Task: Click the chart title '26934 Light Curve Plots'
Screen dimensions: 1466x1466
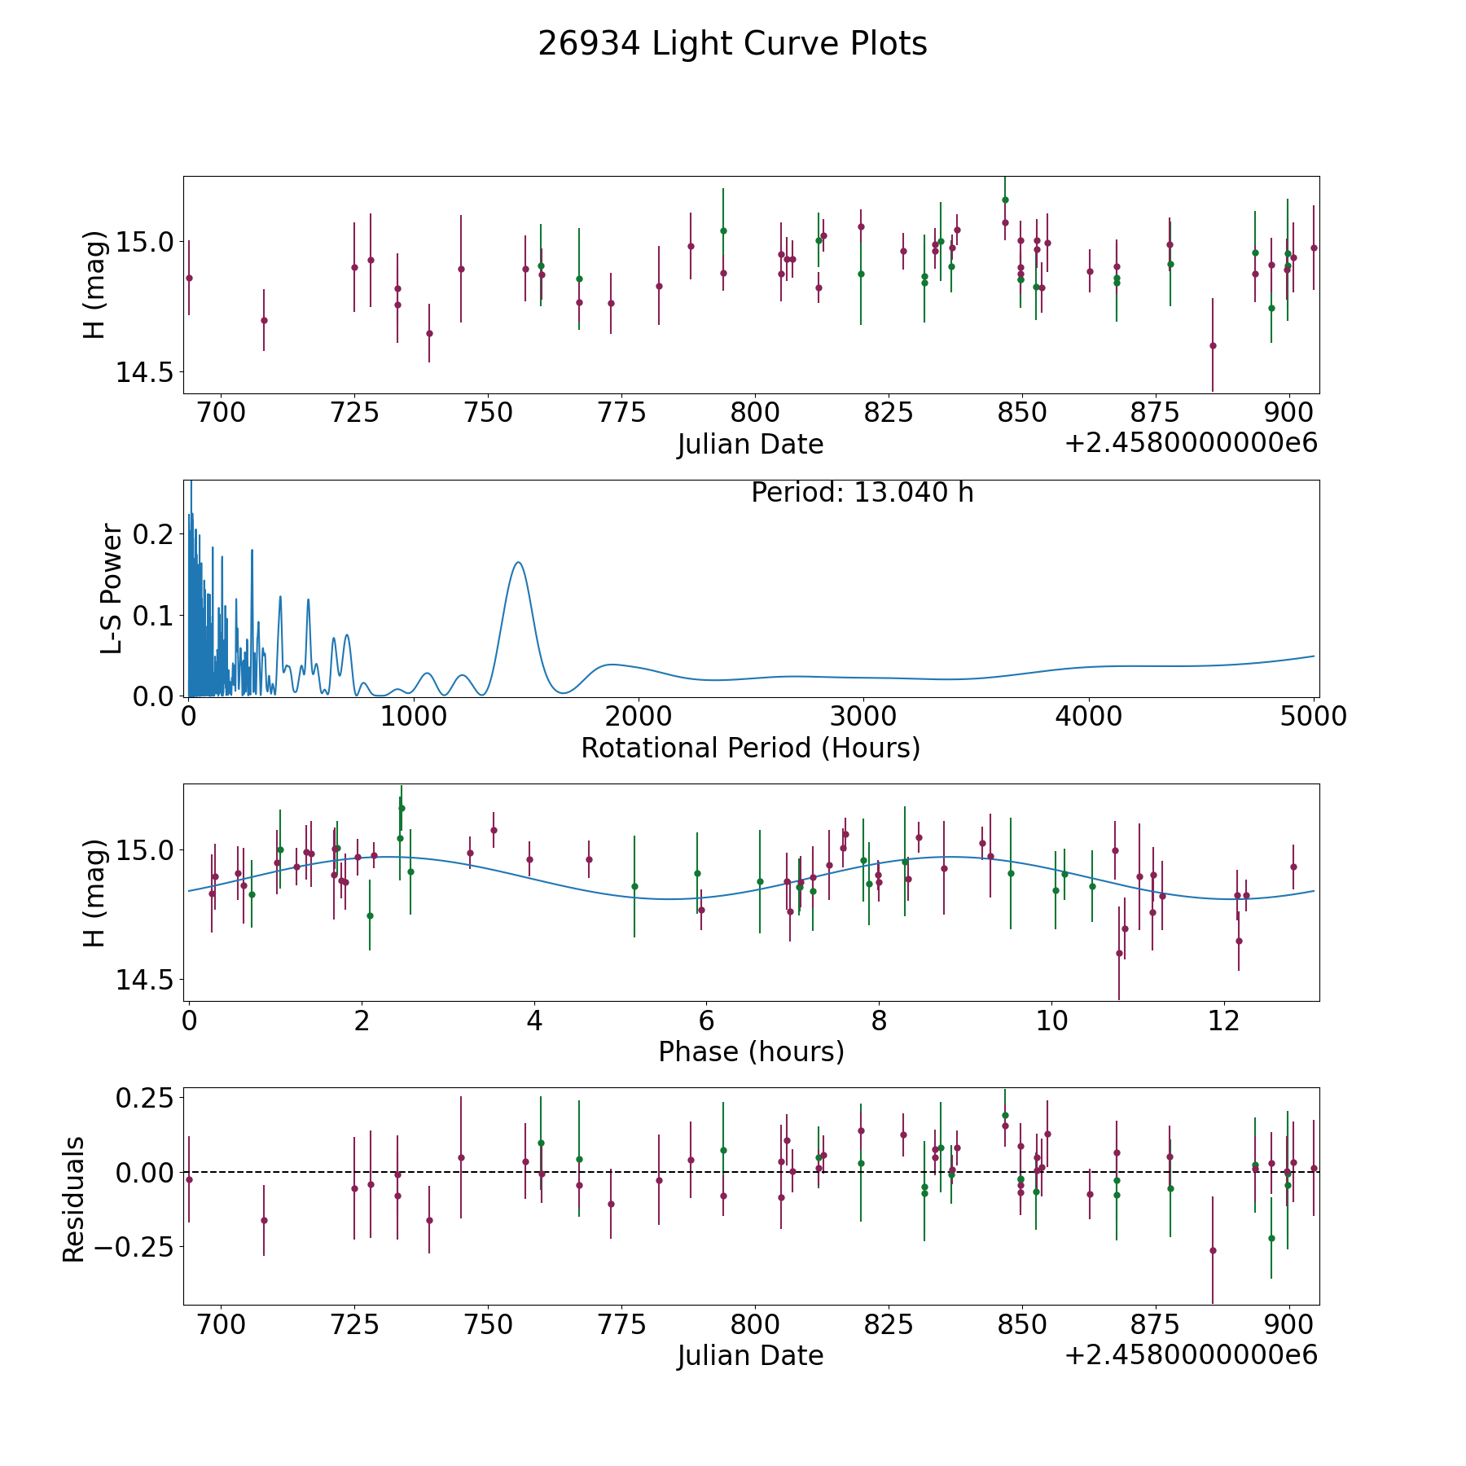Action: (x=732, y=44)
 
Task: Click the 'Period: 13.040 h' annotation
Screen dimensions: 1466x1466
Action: (x=862, y=493)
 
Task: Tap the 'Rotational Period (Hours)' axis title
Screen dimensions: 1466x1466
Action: (x=750, y=748)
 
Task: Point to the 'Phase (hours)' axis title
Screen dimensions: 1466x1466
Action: (x=751, y=1051)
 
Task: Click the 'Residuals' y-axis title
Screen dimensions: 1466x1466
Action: (x=73, y=1199)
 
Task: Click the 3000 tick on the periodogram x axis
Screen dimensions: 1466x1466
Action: (x=863, y=716)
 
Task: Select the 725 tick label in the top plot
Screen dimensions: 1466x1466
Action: (x=354, y=412)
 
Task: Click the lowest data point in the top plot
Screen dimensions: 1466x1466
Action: (x=1212, y=345)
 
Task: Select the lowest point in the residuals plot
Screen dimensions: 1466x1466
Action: (x=1212, y=1250)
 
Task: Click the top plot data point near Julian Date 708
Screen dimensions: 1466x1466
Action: (x=264, y=320)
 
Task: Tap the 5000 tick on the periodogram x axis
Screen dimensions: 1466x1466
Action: (x=1313, y=716)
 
